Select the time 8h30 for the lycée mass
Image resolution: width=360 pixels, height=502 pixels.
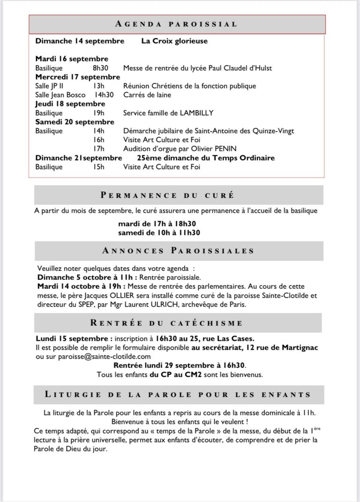(x=101, y=68)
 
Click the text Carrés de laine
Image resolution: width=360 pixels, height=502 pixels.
(x=147, y=95)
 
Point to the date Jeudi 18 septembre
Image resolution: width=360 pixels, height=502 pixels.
(x=70, y=104)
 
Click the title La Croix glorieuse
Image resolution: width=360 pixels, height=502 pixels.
(x=174, y=41)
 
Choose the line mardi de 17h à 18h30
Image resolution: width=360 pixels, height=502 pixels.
(x=164, y=224)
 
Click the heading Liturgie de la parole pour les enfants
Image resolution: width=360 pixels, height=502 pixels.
(x=178, y=395)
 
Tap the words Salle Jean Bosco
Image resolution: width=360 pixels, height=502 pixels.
(x=60, y=95)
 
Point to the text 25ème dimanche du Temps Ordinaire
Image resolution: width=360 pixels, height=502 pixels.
(x=206, y=158)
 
